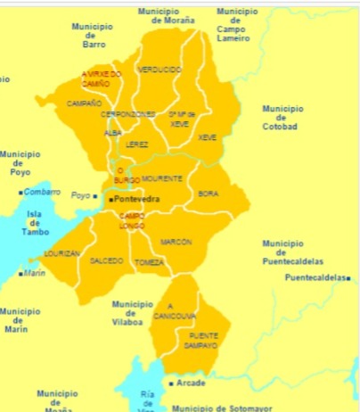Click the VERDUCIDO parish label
pyautogui.click(x=160, y=69)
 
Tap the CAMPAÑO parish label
pyautogui.click(x=85, y=103)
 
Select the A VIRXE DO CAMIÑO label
pyautogui.click(x=101, y=79)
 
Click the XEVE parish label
pyautogui.click(x=208, y=137)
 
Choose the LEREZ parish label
pyautogui.click(x=138, y=144)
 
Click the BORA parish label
pyautogui.click(x=208, y=193)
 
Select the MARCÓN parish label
pyautogui.click(x=176, y=242)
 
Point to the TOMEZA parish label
pyautogui.click(x=149, y=262)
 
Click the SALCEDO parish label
pyautogui.click(x=107, y=260)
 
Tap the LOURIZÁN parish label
pyautogui.click(x=62, y=253)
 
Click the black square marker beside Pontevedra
pyautogui.click(x=110, y=200)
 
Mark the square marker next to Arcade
pyautogui.click(x=171, y=383)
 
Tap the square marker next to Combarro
pyautogui.click(x=22, y=192)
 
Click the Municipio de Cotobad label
pyautogui.click(x=279, y=117)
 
